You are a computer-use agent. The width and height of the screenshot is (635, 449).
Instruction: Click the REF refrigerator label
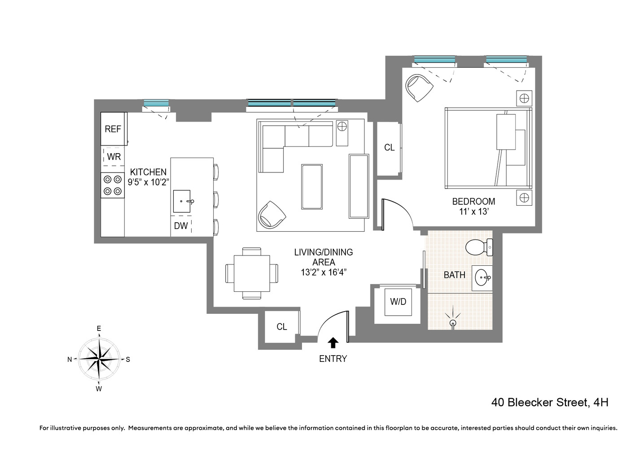pos(113,129)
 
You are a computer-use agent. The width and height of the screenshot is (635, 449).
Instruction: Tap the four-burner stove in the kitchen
pos(112,185)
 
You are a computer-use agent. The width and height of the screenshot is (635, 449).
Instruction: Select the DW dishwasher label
pos(181,226)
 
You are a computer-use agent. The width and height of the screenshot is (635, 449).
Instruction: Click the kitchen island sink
pos(182,201)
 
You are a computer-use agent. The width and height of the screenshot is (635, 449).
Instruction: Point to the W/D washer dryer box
pos(398,302)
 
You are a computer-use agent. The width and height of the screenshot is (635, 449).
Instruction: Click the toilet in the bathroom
pos(478,247)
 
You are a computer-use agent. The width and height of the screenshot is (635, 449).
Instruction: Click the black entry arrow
pos(333,343)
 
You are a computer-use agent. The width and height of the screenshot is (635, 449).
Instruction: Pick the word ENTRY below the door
pos(333,359)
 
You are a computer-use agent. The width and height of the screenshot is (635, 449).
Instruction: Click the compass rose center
pos(99,359)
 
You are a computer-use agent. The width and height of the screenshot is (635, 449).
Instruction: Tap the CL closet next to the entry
pos(281,327)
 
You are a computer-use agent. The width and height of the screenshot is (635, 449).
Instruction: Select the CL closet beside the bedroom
pos(389,148)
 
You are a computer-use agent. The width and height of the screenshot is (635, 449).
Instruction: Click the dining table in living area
pos(252,273)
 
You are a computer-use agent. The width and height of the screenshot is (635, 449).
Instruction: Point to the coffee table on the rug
pos(312,186)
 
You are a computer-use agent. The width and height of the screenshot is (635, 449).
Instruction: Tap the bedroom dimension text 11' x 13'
pos(473,211)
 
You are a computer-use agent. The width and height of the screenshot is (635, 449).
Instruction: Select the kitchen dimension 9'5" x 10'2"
pos(148,182)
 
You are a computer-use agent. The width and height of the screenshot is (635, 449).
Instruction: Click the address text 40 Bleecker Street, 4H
pos(550,402)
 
